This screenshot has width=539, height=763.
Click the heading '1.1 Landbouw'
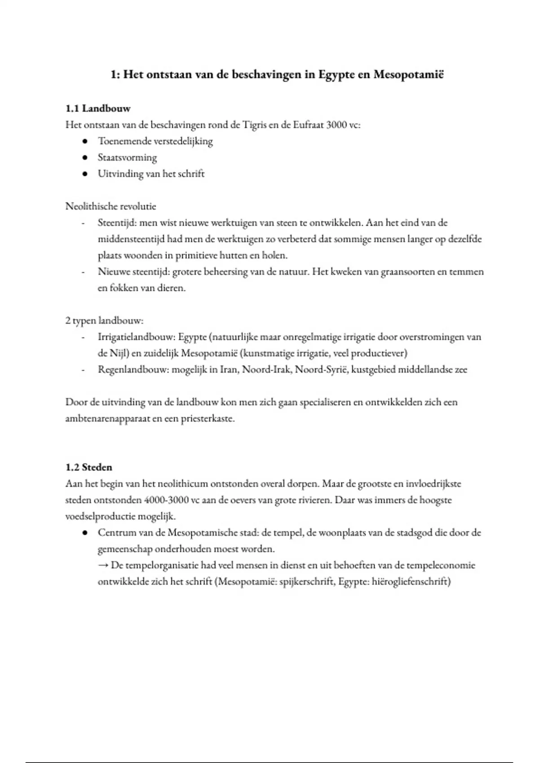point(98,108)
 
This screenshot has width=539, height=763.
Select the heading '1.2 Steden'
point(88,467)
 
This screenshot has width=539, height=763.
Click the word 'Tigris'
point(254,125)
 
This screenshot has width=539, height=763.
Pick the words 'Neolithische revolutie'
point(110,206)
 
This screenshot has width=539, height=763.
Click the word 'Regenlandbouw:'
point(133,370)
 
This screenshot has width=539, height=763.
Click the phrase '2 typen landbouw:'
point(104,321)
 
